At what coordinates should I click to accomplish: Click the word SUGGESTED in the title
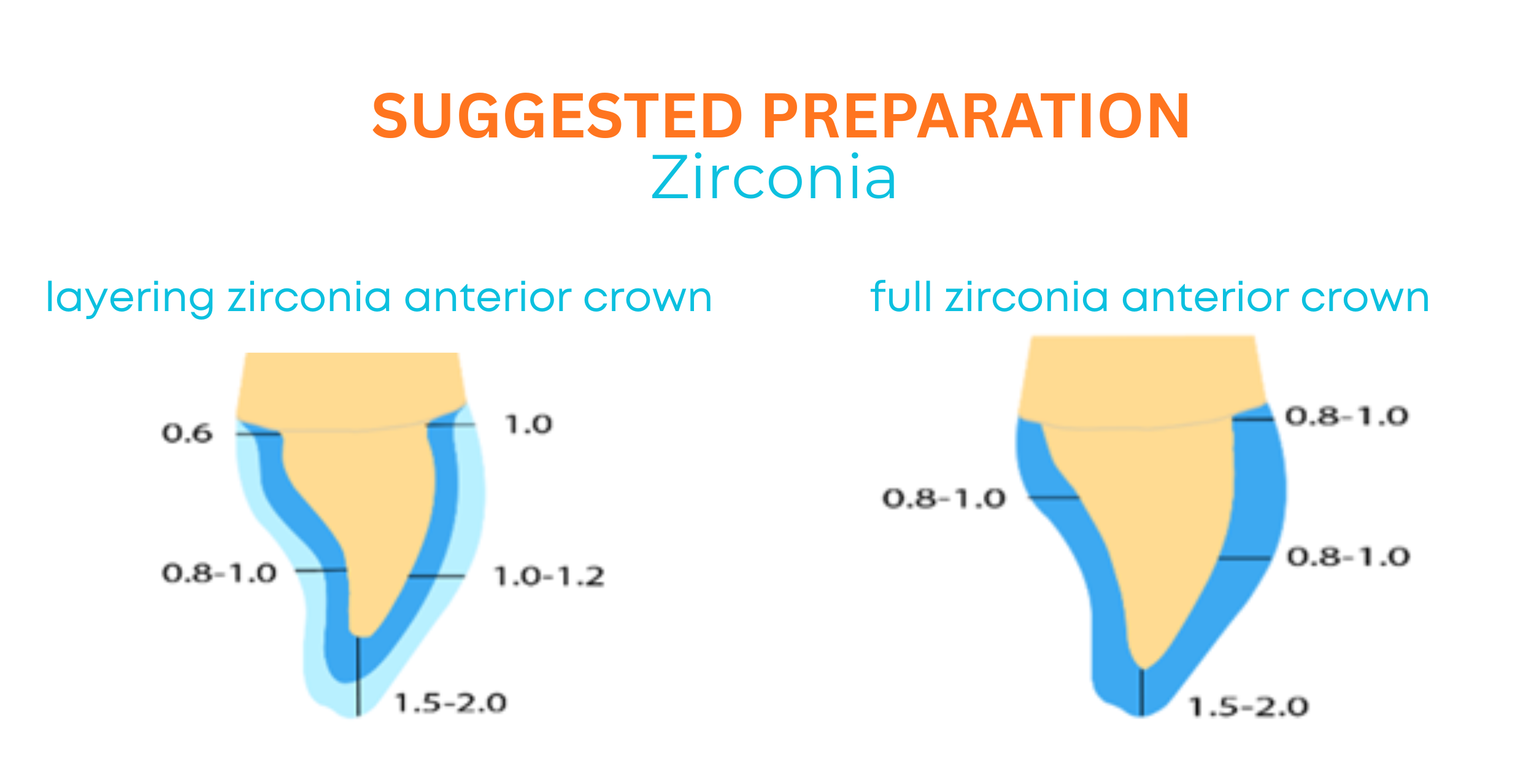pyautogui.click(x=557, y=115)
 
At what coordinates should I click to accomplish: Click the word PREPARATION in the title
pyautogui.click(x=976, y=115)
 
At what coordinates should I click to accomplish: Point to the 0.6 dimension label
pyautogui.click(x=187, y=434)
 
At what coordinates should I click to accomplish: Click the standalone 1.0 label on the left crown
pyautogui.click(x=528, y=424)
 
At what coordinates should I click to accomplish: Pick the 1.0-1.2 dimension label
pyautogui.click(x=549, y=576)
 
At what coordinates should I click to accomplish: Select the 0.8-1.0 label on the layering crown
pyautogui.click(x=219, y=574)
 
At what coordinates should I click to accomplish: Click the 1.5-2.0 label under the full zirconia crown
pyautogui.click(x=1249, y=707)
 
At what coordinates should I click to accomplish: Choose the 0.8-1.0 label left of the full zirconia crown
pyautogui.click(x=944, y=498)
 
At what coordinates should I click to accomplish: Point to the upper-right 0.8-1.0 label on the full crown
pyautogui.click(x=1347, y=416)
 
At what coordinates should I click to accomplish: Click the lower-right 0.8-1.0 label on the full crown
pyautogui.click(x=1349, y=557)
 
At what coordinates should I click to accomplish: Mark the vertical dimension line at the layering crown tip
pyautogui.click(x=358, y=676)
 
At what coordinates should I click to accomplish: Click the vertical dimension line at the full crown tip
pyautogui.click(x=1142, y=692)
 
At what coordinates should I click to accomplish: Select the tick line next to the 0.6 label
pyautogui.click(x=258, y=434)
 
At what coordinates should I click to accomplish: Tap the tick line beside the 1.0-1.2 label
pyautogui.click(x=437, y=576)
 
